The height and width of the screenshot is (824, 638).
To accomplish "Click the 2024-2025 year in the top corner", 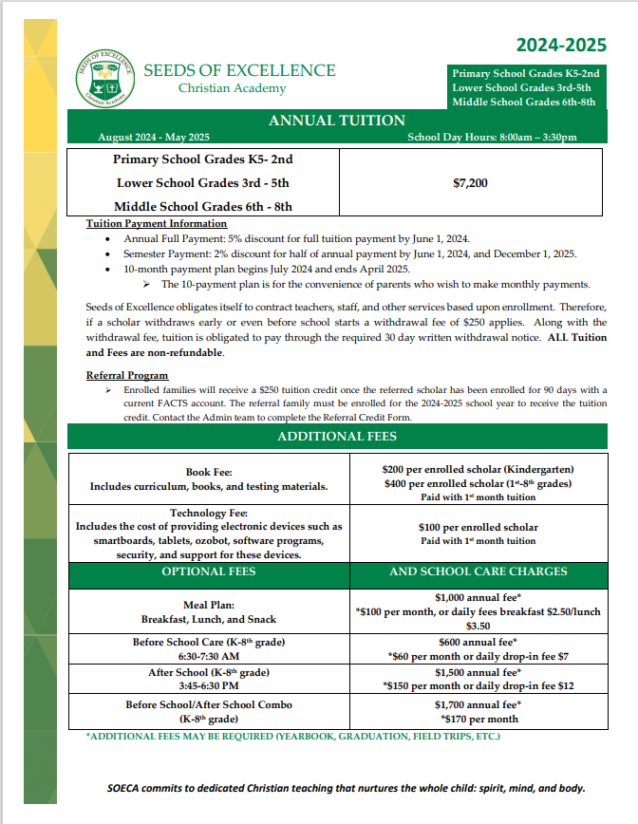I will pos(560,45).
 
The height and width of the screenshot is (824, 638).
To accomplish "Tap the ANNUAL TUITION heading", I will pos(337,121).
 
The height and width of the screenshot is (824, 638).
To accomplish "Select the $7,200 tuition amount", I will pos(471,183).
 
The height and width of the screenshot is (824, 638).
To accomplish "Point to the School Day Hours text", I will pos(492,137).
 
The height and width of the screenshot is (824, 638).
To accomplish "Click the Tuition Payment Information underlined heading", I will pos(157,224).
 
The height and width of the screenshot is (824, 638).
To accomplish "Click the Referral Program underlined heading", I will pos(127,375).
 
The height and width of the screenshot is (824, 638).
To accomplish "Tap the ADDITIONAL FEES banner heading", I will pos(337,437).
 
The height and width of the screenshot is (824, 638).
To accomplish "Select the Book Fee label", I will pos(209,472).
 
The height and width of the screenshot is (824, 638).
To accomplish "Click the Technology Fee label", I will pos(209,513).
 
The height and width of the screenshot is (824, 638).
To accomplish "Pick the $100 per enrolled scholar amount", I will pos(478,527).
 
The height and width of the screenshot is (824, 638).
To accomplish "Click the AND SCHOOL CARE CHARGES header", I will pos(478,571).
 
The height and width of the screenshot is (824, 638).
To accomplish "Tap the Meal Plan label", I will pos(209,605).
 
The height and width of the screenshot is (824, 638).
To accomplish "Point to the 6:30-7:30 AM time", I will pos(209,656).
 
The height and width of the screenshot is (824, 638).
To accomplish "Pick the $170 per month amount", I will pos(478,719).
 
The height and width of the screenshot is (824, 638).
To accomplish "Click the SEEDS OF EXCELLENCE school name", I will pos(239,70).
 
